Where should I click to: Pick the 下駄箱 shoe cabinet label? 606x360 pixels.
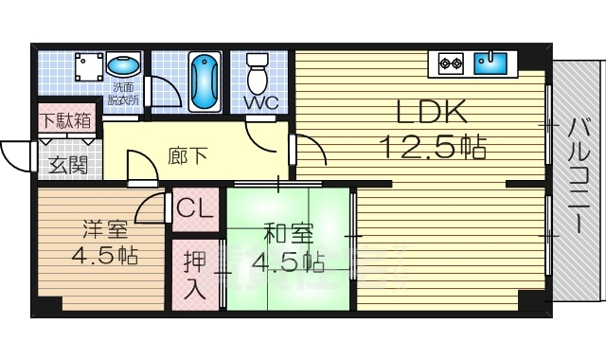point(65,121)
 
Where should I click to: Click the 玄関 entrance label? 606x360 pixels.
point(65,165)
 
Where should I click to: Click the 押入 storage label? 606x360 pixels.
point(194,275)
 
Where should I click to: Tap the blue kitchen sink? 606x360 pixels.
point(491,63)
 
